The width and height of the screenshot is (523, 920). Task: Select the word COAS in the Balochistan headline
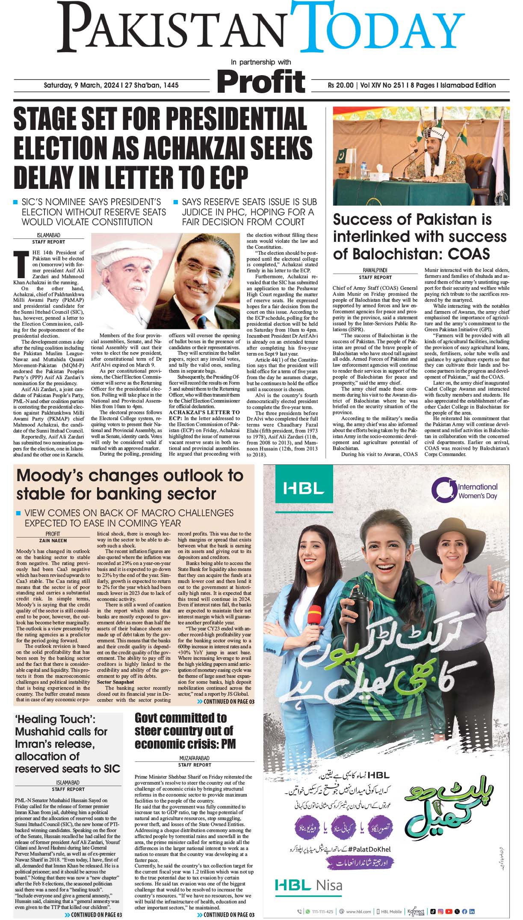tap(468, 254)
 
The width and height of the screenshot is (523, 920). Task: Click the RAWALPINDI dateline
tap(375, 270)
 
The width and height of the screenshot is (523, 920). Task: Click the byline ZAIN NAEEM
tap(53, 541)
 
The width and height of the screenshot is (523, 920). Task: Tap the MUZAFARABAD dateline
tap(195, 758)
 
